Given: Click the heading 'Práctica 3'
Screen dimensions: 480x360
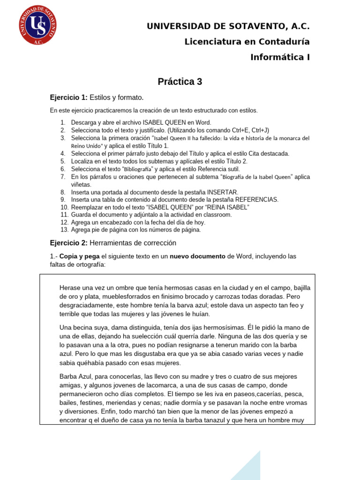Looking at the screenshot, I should coord(180,82).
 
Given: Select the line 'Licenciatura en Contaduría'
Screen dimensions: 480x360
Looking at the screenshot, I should coord(247,42).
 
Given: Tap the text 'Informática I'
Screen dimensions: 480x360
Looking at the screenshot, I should coord(280,58).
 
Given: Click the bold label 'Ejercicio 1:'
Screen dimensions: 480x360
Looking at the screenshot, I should coord(68,97).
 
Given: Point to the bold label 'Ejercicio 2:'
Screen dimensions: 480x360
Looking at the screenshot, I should coord(68,243).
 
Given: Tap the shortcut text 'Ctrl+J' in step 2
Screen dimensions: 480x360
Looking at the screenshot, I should coord(258,130).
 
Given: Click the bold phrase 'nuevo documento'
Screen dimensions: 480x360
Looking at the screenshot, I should coord(197,257).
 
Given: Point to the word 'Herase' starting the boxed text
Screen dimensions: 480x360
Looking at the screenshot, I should coord(70,287).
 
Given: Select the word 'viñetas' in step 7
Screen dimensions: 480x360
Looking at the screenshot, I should coord(81,185).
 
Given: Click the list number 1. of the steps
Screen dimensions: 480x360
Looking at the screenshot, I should coord(63,123).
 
